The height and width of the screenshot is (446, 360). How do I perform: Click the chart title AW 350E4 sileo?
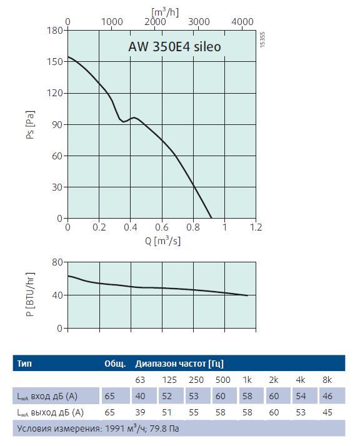pyautogui.click(x=174, y=47)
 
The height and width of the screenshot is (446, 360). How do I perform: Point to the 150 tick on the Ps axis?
pyautogui.click(x=55, y=61)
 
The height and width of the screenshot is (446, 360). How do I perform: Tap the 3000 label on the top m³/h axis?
pyautogui.click(x=199, y=22)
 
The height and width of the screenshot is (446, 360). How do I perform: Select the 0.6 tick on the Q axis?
pyautogui.click(x=162, y=227)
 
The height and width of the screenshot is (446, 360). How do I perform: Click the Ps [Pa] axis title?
pyautogui.click(x=30, y=124)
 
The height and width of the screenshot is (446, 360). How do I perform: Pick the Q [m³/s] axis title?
pyautogui.click(x=162, y=240)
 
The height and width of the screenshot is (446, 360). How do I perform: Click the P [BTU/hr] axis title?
pyautogui.click(x=30, y=294)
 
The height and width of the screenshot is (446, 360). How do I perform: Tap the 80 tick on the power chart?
pyautogui.click(x=57, y=262)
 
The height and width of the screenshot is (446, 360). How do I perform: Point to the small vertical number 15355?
pyautogui.click(x=262, y=39)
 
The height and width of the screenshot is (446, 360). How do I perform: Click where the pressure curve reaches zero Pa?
pyautogui.click(x=211, y=218)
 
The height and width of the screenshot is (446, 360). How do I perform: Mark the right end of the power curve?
pyautogui.click(x=247, y=295)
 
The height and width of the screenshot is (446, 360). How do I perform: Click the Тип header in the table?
pyautogui.click(x=24, y=364)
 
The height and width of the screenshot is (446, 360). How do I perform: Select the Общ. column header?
pyautogui.click(x=115, y=364)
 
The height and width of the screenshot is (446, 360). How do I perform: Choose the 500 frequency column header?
pyautogui.click(x=223, y=380)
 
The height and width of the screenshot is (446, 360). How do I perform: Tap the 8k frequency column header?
pyautogui.click(x=327, y=380)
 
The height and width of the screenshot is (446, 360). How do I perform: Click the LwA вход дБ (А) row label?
pyautogui.click(x=47, y=396)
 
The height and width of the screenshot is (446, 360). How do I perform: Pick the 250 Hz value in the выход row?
pyautogui.click(x=194, y=412)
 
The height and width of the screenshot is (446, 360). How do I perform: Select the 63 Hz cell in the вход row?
pyautogui.click(x=140, y=396)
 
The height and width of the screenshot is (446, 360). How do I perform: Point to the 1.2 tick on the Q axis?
pyautogui.click(x=256, y=227)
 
